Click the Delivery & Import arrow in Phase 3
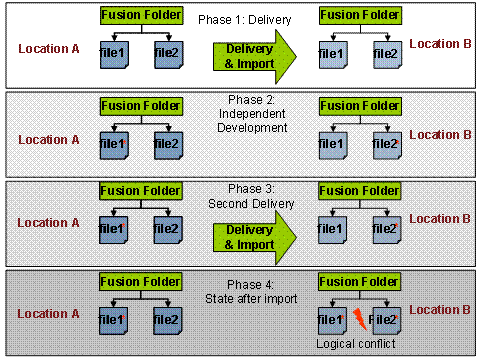pos(254,236)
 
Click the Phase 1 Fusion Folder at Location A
pos(140,16)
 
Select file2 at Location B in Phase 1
pos(385,56)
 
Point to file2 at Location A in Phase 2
pos(168,145)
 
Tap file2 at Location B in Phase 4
pos(385,320)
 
